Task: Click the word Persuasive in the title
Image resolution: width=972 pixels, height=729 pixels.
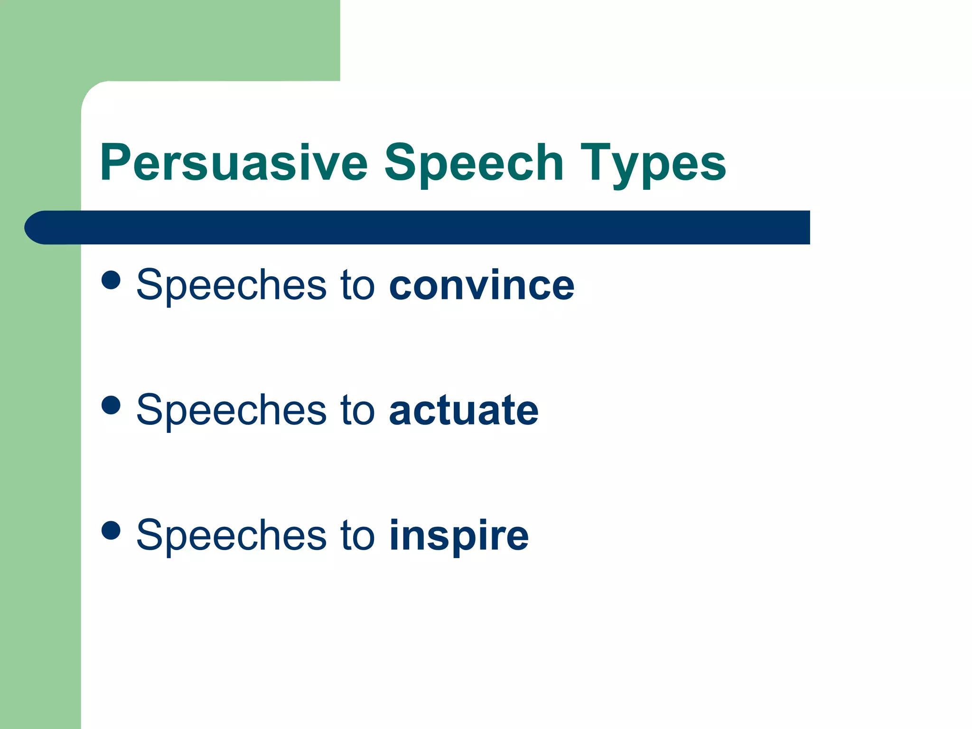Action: [234, 163]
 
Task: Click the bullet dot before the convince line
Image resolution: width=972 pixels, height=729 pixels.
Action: [111, 280]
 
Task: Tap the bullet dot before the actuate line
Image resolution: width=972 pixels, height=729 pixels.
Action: [111, 405]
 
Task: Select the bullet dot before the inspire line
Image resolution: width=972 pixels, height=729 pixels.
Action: [111, 530]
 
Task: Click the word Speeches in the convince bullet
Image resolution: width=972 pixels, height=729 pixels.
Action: [231, 285]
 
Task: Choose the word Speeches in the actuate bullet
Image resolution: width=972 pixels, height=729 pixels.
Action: [231, 410]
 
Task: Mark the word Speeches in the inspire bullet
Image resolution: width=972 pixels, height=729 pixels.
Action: [231, 535]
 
